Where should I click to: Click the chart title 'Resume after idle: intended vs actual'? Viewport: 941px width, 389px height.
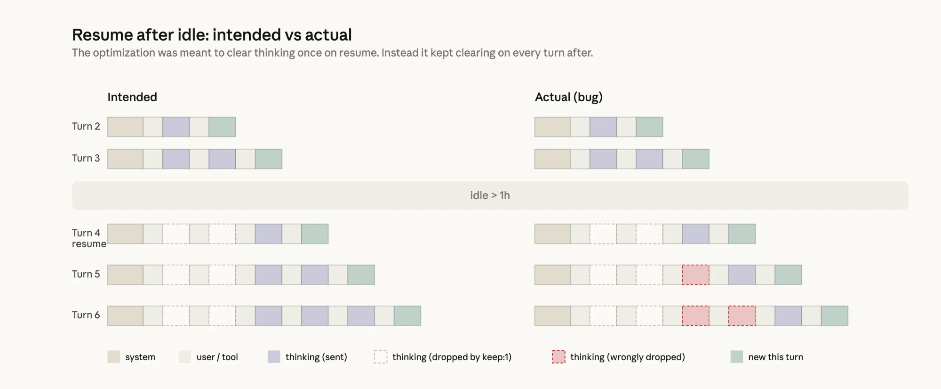point(212,35)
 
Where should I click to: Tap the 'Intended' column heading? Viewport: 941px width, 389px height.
point(132,97)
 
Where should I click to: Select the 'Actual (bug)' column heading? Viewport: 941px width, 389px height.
point(568,97)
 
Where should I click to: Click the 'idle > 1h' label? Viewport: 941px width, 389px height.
point(490,195)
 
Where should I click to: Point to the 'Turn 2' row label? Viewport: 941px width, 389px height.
point(86,126)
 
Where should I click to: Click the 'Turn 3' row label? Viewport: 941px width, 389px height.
point(86,158)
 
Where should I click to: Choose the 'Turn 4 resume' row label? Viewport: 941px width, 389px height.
point(88,238)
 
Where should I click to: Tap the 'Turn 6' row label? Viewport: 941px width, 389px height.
point(86,315)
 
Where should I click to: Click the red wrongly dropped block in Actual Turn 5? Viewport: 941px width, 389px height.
point(695,275)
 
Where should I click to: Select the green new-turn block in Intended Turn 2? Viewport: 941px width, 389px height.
point(222,127)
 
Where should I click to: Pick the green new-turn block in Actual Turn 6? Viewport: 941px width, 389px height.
point(834,316)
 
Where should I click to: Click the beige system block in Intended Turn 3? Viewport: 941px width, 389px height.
point(125,159)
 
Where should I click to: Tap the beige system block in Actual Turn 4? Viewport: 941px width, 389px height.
point(552,234)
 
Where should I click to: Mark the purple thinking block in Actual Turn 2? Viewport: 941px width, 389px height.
point(603,127)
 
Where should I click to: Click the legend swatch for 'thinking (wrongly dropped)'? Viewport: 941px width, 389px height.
point(558,357)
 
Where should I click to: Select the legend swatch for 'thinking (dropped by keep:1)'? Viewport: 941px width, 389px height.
point(381,357)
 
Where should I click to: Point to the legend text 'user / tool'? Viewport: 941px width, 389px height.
point(217,357)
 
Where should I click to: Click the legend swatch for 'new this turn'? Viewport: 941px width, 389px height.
point(736,357)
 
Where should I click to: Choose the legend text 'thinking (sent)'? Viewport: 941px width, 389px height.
point(316,357)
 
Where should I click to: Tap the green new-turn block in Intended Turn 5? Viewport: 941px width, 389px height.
point(361,275)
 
